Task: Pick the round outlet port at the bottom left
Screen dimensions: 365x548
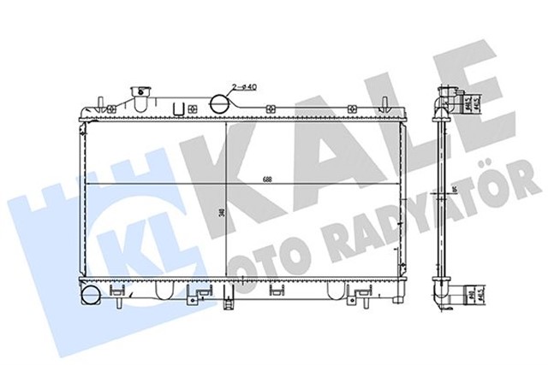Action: [89, 297]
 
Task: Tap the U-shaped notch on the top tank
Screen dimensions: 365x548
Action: [179, 109]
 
